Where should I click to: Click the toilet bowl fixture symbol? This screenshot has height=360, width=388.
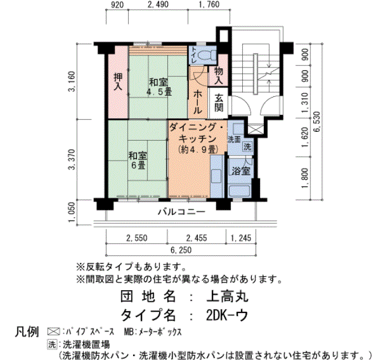[x=206, y=55]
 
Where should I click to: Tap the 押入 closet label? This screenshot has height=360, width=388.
[x=118, y=81]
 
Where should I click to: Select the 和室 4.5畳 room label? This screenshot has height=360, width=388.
[x=159, y=87]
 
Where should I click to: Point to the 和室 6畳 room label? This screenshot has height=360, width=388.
[x=137, y=160]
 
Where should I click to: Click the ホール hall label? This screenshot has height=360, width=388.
[x=198, y=102]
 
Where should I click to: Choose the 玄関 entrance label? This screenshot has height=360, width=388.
[x=219, y=102]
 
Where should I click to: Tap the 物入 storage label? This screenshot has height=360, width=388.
[x=218, y=76]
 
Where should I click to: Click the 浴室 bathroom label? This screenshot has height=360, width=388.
[x=241, y=171]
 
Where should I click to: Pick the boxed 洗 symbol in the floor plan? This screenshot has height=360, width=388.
[x=247, y=146]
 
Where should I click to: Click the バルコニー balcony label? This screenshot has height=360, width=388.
[x=182, y=212]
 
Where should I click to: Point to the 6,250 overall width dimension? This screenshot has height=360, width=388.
[x=181, y=250]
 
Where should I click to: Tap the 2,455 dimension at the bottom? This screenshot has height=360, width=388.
[x=196, y=238]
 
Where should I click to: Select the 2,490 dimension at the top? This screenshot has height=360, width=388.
[x=158, y=4]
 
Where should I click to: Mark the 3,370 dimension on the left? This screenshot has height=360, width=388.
[x=72, y=160]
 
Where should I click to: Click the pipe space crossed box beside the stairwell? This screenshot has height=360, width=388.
[x=256, y=130]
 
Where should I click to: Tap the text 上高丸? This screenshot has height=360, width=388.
[x=227, y=296]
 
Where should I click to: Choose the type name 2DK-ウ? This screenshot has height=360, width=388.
[x=227, y=315]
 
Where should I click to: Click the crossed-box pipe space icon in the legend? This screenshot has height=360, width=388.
[x=54, y=331]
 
